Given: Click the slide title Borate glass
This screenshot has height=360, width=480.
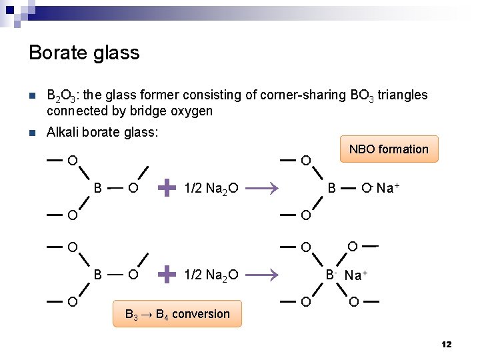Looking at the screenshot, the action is click(84, 53).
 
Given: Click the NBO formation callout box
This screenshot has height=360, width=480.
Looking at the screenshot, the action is click(389, 149).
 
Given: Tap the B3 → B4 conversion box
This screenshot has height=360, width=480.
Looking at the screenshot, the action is click(177, 314).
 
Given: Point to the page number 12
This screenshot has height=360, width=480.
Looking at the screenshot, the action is click(446, 345).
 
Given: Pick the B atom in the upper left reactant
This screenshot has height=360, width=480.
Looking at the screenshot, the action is click(98, 188).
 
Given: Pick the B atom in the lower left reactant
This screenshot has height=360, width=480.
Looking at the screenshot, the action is click(98, 273).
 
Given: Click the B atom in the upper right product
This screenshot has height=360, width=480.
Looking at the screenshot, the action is click(331, 188).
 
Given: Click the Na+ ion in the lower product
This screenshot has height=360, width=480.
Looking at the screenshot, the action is click(357, 275).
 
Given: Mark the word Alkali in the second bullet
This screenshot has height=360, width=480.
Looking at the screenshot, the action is click(61, 133).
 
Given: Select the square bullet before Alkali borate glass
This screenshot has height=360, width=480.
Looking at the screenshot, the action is click(32, 133).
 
